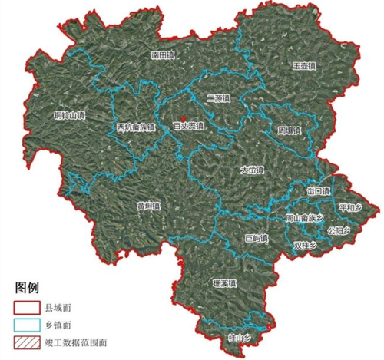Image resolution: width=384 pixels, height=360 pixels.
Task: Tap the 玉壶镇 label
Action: [x=303, y=67]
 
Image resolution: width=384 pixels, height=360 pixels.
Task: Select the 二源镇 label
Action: [x=218, y=98]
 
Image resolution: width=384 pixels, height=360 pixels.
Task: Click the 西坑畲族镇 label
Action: [x=135, y=127]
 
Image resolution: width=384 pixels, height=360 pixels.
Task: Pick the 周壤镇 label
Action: [x=289, y=130]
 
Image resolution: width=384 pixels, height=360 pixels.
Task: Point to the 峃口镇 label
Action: [x=317, y=191]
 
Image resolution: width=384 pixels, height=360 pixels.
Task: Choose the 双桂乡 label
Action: [x=305, y=245]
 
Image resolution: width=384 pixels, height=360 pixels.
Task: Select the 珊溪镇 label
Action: [x=224, y=283]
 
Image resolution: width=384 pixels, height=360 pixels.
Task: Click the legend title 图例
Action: [x=28, y=289]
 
